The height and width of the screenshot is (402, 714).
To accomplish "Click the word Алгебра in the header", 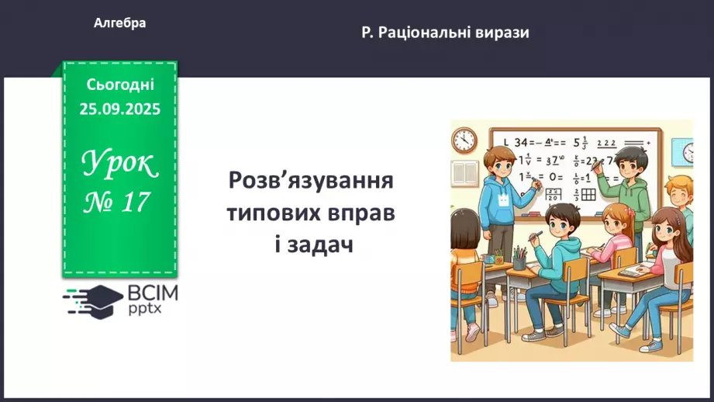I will tap(119, 23).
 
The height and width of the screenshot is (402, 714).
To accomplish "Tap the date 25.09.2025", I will tap(119, 109).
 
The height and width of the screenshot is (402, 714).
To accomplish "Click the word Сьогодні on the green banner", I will tap(120, 85).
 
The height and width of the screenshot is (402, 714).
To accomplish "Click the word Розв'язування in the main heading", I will tap(311, 183).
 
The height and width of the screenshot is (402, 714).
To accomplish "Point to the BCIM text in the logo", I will tap(153, 293).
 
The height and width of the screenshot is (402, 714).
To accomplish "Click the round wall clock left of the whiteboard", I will tap(464, 140).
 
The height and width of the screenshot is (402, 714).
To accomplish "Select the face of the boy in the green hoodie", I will tap(633, 165).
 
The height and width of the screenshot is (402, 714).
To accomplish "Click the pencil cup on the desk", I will tap(519, 258).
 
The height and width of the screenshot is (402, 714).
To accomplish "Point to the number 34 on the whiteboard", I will tap(521, 142).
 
